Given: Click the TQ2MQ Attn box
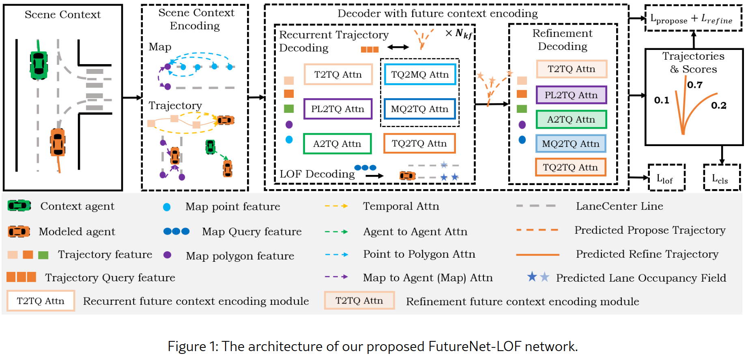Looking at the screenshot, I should [x=420, y=74].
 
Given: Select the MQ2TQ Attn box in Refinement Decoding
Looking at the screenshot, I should [x=571, y=144].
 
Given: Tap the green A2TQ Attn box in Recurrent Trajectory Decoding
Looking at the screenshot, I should [x=337, y=144].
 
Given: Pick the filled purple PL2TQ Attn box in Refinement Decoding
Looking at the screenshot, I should [x=571, y=95].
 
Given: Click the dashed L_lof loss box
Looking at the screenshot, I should [x=666, y=178].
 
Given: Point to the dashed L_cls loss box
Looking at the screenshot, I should [x=721, y=178].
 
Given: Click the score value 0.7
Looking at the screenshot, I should [x=695, y=85].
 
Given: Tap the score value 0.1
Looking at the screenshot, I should [x=662, y=100].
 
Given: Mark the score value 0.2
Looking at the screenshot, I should [x=718, y=106].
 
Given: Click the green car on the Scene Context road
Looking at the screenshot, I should [x=39, y=65].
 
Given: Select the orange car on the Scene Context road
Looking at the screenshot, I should [x=58, y=142].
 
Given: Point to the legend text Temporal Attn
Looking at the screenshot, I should [x=401, y=206].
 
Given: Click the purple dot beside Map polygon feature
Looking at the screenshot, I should [x=167, y=255].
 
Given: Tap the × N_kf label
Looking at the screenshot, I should [x=459, y=34].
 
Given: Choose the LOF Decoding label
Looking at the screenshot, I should [x=317, y=174].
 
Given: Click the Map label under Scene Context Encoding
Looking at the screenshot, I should [x=160, y=47].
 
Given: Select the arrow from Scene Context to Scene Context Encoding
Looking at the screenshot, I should [x=132, y=97].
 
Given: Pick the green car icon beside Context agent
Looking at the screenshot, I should [x=19, y=206].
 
